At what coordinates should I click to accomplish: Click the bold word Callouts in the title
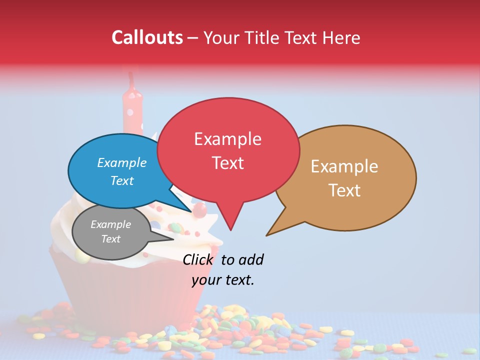point(147,37)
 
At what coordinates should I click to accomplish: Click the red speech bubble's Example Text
point(228,150)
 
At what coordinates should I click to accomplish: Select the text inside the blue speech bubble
point(121,171)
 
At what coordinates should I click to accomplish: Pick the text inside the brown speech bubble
point(344,178)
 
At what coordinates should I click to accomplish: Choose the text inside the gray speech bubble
point(110,231)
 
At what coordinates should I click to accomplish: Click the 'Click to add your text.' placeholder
point(223,269)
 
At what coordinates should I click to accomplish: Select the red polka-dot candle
point(133,112)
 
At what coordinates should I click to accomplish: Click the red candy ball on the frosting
point(200,209)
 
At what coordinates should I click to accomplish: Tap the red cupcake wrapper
point(125,295)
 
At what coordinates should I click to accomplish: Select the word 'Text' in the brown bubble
point(344,190)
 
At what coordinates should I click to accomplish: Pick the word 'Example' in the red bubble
point(227,138)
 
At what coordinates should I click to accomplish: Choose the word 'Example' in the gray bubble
point(110,224)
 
